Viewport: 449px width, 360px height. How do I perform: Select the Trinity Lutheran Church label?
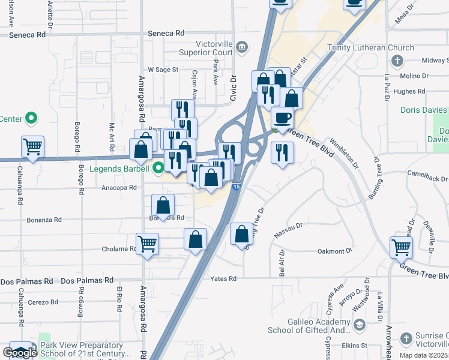370,48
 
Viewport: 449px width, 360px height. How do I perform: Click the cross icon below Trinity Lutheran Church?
396,61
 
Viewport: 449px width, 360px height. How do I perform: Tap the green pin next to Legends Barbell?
158,168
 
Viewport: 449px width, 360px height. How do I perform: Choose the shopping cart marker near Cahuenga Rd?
32,146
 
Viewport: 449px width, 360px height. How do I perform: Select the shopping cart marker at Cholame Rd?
147,244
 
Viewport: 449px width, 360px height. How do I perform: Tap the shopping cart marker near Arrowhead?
401,246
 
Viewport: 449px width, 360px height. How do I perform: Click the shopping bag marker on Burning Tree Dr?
241,233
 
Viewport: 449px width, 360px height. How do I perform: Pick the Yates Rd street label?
223,279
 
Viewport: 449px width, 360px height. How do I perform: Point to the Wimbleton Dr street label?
343,154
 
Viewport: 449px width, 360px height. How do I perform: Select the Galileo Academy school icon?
359,325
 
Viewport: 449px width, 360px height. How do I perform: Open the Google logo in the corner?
19,353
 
